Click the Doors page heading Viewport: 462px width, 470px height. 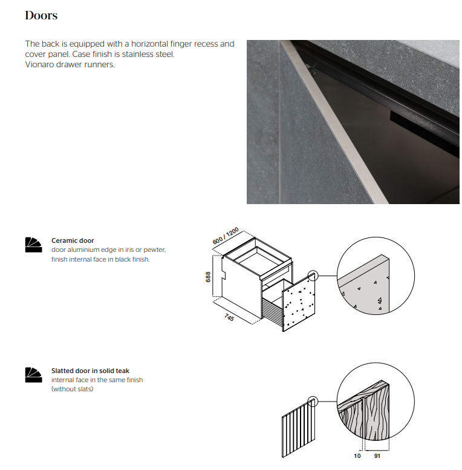pyautogui.click(x=41, y=15)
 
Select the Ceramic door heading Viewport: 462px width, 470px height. pyautogui.click(x=73, y=240)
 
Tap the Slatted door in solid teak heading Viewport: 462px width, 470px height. pyautogui.click(x=90, y=371)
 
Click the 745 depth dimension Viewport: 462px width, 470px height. pyautogui.click(x=229, y=317)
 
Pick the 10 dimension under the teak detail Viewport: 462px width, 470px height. pyautogui.click(x=357, y=456)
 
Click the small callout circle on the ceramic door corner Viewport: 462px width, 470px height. pyautogui.click(x=313, y=276)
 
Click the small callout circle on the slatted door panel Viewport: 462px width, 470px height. pyautogui.click(x=313, y=401)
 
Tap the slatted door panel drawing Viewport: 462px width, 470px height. pyautogui.click(x=299, y=429)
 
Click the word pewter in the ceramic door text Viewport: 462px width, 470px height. pyautogui.click(x=154, y=250)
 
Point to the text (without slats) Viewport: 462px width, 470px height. pyautogui.click(x=73, y=389)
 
